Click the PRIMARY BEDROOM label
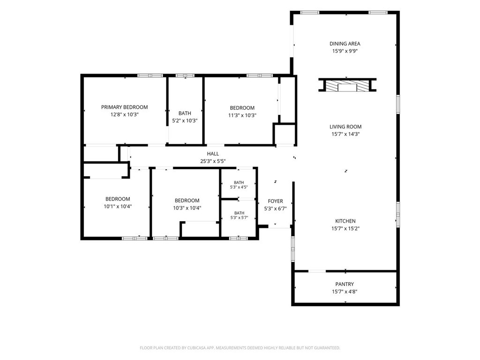click(124, 107)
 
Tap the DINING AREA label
click(345, 44)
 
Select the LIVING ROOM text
click(345, 127)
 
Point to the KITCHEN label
click(345, 221)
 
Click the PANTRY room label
click(345, 284)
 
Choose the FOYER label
click(275, 201)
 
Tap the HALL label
click(213, 154)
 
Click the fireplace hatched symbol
click(347, 86)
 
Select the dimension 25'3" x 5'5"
click(213, 161)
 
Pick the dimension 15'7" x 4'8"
click(345, 292)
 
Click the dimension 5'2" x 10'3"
click(185, 120)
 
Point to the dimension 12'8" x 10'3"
click(125, 115)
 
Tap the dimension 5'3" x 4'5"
click(239, 187)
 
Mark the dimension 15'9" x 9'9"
click(345, 52)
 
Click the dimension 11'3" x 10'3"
click(242, 115)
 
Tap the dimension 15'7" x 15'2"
click(345, 229)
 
